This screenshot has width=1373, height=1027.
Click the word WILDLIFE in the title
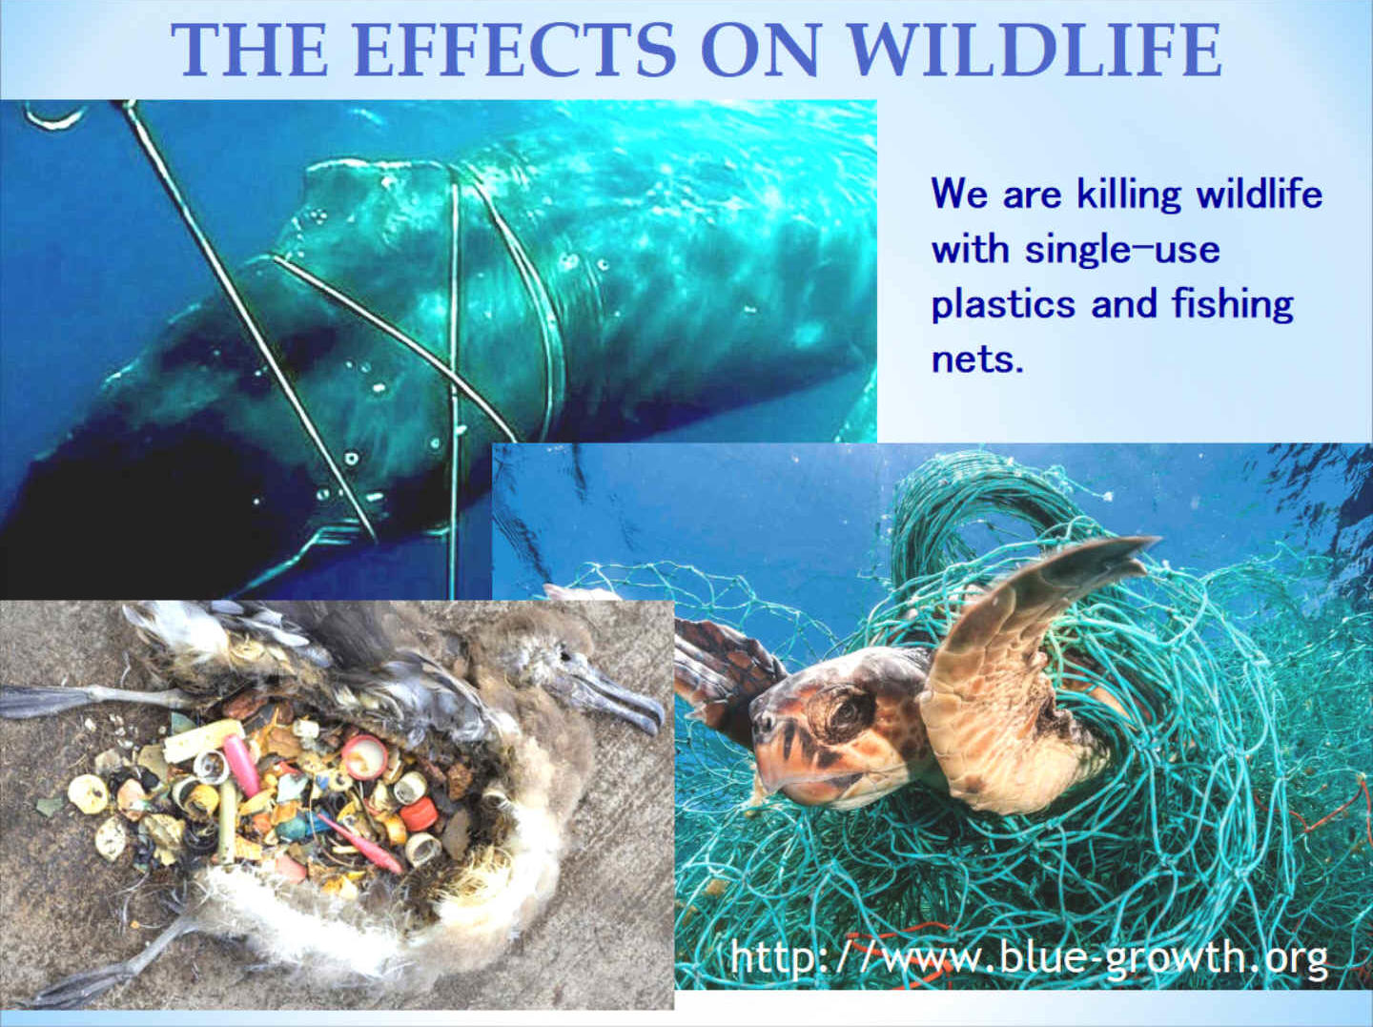[1035, 50]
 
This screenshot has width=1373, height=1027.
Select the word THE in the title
[250, 50]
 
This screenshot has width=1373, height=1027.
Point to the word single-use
[1123, 249]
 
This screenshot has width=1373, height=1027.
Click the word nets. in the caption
[977, 359]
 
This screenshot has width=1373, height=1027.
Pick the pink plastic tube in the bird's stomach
[242, 765]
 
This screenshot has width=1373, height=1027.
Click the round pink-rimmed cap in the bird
[363, 757]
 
